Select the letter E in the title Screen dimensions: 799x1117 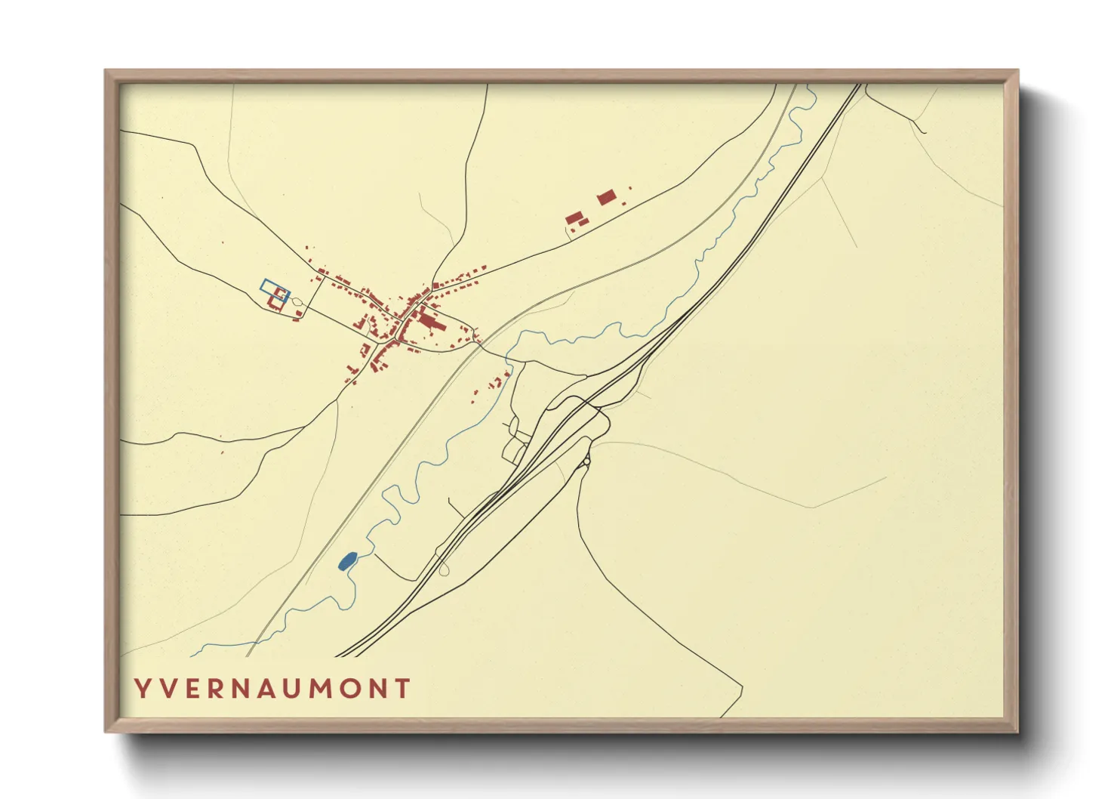(192, 689)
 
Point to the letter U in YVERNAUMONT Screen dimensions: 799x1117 (295, 689)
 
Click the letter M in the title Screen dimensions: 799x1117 (325, 689)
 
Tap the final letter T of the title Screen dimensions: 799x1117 (403, 689)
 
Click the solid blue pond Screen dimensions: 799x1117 (347, 561)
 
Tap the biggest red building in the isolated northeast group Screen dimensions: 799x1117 (606, 199)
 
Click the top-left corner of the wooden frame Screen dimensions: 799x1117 (106, 71)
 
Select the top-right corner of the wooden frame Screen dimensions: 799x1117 (1017, 71)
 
